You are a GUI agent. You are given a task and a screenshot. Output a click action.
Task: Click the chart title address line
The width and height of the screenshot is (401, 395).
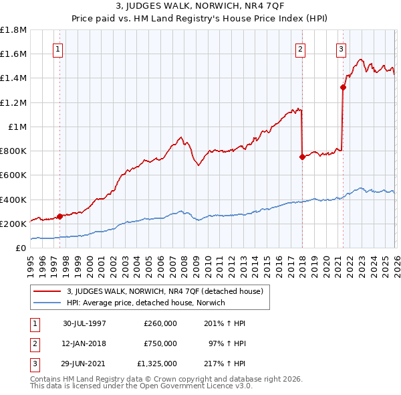click(x=200, y=7)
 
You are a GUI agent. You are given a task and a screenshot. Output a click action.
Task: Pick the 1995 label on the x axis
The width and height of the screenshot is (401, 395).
click(x=31, y=262)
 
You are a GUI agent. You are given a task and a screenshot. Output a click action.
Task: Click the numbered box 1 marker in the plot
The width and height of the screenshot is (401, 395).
click(x=58, y=49)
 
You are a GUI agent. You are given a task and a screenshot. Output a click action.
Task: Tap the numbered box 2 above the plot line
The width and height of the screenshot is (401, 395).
click(x=301, y=49)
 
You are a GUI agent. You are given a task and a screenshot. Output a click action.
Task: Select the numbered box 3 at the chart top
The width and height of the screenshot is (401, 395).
click(x=341, y=49)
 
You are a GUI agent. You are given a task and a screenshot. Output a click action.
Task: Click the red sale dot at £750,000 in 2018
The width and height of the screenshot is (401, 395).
click(x=302, y=157)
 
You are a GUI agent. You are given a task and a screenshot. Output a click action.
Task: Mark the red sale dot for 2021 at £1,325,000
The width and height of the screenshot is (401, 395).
click(x=343, y=87)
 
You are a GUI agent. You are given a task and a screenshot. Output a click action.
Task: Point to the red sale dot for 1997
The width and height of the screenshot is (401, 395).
click(x=60, y=216)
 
